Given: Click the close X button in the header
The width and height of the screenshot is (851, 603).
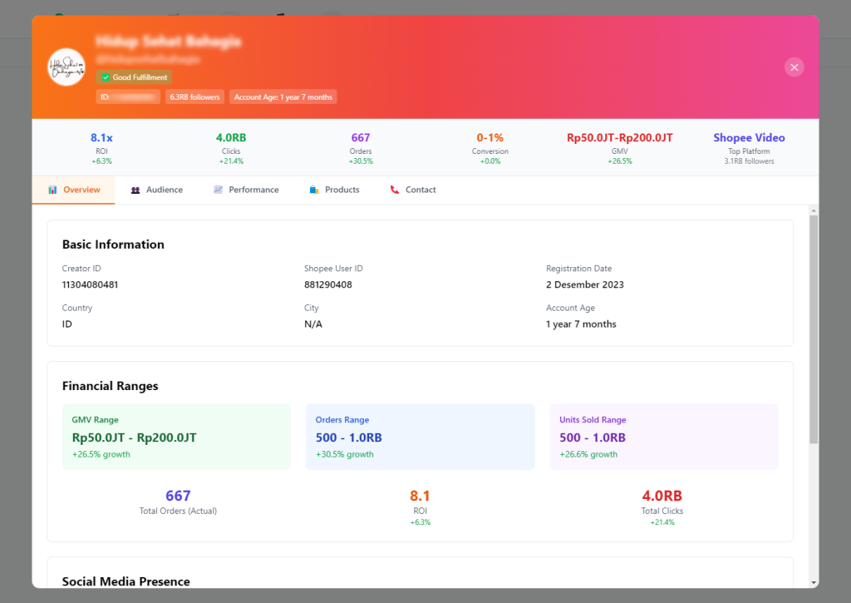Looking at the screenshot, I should coord(794,67).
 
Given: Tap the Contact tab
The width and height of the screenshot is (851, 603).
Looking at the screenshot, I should coord(413,190).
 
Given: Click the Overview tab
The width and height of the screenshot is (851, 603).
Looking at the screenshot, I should coord(74,190).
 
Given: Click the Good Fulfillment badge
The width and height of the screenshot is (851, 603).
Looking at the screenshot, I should coord(134,77).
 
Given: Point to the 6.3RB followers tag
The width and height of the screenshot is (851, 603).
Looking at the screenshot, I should coord(194,97).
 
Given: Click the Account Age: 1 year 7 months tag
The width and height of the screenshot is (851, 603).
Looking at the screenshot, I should coord(283,97).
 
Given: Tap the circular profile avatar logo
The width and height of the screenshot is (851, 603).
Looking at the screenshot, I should coord(66,67).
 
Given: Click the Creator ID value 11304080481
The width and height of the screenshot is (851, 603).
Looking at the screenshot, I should coord(90,284).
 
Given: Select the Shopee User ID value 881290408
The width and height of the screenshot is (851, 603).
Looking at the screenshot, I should coord(327,284).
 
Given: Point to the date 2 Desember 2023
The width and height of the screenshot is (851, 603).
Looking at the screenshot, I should coord(584,284).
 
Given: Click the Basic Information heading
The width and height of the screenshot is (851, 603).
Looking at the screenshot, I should coord(113,245).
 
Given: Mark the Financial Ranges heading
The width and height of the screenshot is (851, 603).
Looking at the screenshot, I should coord(110,386).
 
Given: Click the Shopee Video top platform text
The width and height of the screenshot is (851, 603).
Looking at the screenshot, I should coord(749,138).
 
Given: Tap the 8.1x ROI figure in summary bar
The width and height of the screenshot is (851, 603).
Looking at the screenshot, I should coord(101,138).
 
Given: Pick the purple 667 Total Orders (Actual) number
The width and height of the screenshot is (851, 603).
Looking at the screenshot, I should coord(178,497).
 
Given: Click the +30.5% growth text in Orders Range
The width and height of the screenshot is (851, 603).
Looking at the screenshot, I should coord(344,454).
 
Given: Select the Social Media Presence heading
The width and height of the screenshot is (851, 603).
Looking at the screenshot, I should coord(125,581).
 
